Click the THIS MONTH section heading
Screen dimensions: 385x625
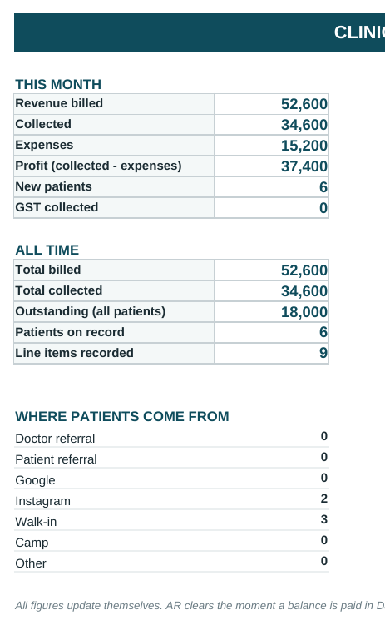point(58,85)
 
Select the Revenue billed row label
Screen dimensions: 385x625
point(59,103)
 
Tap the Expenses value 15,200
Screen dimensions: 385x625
point(304,146)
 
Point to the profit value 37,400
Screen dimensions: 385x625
point(304,166)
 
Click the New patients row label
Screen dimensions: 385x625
point(53,186)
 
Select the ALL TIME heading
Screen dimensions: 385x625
point(47,250)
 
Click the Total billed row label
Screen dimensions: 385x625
point(47,270)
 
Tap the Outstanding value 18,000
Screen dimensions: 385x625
point(304,312)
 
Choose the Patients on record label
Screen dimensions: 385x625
point(70,332)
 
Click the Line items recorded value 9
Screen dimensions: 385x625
point(323,353)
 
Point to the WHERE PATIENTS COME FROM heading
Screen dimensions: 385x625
point(122,417)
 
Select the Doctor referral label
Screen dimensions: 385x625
point(55,439)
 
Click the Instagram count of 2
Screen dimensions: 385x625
point(324,499)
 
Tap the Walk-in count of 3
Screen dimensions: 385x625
point(324,519)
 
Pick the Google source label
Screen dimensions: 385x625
point(35,480)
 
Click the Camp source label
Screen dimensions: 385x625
point(32,543)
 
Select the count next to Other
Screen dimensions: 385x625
point(324,561)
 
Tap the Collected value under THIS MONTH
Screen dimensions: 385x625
point(304,125)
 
